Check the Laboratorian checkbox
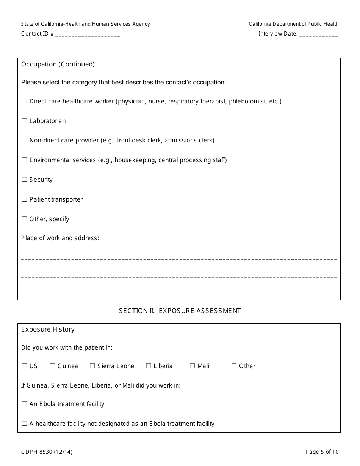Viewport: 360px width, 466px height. [24, 121]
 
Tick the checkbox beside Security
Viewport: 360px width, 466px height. [24, 180]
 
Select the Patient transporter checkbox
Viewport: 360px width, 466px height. [24, 199]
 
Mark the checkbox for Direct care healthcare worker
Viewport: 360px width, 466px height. [24, 101]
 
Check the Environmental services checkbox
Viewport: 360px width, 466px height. [24, 160]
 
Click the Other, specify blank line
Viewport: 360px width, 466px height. [180, 220]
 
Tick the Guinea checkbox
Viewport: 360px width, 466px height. [53, 366]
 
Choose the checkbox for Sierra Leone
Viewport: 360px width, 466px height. [92, 366]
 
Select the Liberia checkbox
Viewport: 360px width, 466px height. [149, 366]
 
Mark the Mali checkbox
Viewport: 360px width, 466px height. [193, 366]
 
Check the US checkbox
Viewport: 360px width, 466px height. [24, 366]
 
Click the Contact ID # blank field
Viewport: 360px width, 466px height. [88, 34]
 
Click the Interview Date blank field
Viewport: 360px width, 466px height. [318, 34]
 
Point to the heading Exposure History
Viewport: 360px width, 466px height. [48, 329]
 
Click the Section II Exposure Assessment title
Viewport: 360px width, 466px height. [180, 311]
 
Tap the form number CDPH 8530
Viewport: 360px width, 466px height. [47, 452]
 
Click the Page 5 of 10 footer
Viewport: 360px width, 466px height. [322, 452]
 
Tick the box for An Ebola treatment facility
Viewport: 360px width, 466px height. [24, 404]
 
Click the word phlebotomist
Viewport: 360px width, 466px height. [247, 101]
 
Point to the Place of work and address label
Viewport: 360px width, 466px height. [60, 238]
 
